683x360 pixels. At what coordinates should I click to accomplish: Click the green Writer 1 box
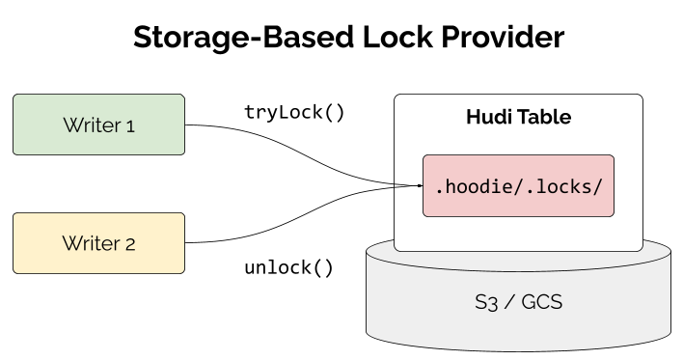coord(97,125)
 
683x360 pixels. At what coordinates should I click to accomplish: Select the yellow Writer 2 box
coord(97,243)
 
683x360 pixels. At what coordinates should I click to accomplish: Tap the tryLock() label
coord(294,111)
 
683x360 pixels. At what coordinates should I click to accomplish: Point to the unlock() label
coord(288,266)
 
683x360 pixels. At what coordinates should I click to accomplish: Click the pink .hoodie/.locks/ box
coord(519,185)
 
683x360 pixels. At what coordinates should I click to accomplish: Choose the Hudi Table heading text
coord(518,118)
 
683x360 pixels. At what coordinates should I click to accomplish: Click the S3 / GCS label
coord(518,302)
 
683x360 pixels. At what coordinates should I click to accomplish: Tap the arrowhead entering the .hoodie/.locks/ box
coord(419,184)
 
